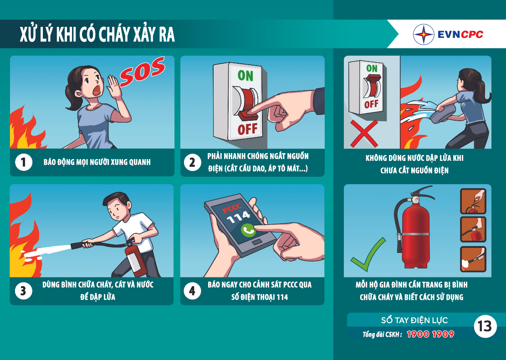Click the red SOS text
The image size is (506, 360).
coord(142,72)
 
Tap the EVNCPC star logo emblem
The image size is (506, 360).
coord(424,34)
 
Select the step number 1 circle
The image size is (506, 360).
coord(24,162)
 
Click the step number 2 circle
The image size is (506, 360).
coord(192,162)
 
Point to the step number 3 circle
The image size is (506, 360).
coord(24,291)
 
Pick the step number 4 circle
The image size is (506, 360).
coord(192,291)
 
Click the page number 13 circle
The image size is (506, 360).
coord(485,326)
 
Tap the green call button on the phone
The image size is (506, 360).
coord(248,230)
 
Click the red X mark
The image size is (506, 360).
coord(364,134)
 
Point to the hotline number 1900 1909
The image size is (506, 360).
coord(430,334)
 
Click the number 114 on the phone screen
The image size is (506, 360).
coord(239,217)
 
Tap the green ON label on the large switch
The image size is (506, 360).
coord(245,76)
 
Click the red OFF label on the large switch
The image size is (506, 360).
coord(247,129)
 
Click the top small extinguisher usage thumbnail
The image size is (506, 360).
coord(473,201)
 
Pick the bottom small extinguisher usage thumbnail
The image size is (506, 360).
coord(473,259)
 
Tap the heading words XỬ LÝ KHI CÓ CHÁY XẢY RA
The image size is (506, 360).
coord(97,34)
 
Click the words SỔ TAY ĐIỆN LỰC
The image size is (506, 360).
coord(414,320)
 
